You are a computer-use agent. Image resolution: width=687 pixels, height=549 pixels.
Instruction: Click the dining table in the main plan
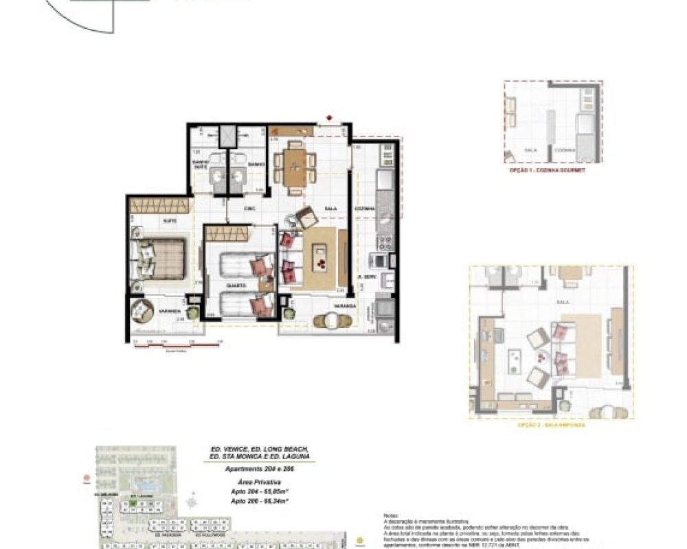coord(295,167)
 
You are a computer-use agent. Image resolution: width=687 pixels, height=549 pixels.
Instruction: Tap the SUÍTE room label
coord(169,221)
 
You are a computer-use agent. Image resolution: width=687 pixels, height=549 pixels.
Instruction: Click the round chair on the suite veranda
coord(143,310)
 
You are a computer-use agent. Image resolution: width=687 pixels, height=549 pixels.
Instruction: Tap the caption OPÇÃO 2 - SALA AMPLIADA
coord(552,425)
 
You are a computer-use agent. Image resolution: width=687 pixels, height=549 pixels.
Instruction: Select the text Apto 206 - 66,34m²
coord(258,501)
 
